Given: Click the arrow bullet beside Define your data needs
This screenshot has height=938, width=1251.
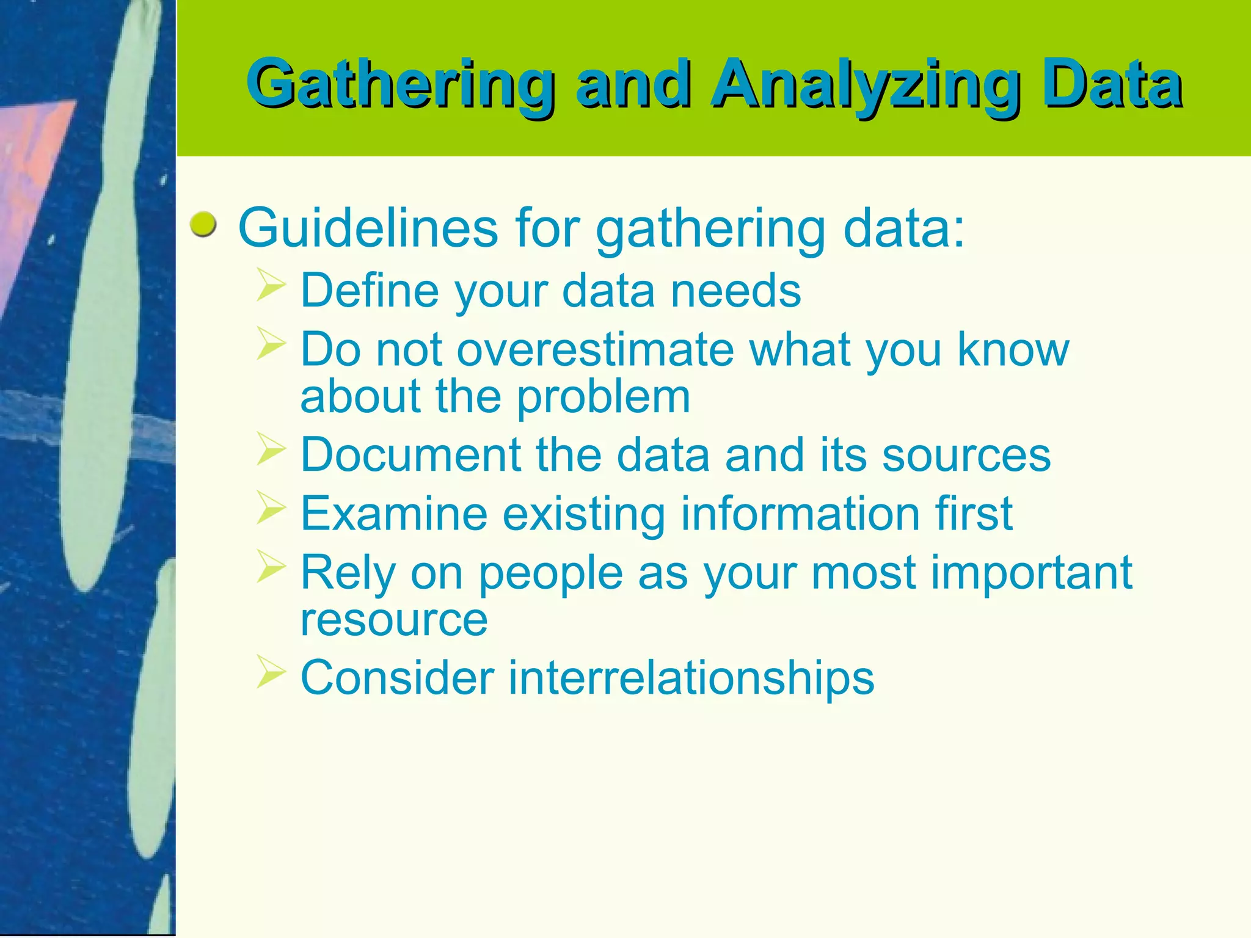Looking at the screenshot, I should click(271, 285).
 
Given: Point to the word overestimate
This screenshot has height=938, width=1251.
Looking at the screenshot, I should click(595, 350).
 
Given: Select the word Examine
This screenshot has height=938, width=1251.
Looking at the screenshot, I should click(394, 514).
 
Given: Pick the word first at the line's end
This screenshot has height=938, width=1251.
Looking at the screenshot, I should click(974, 514).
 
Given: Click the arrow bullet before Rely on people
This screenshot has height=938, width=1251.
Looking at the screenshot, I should click(271, 567).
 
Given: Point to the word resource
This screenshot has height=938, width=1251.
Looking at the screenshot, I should click(394, 620).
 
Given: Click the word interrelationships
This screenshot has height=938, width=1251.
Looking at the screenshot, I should click(691, 678).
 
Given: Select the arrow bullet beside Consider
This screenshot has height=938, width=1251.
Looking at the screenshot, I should click(271, 672).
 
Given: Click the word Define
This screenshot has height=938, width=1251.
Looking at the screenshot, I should click(370, 291).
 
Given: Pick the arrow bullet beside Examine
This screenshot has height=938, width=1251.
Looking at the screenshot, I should click(271, 508).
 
